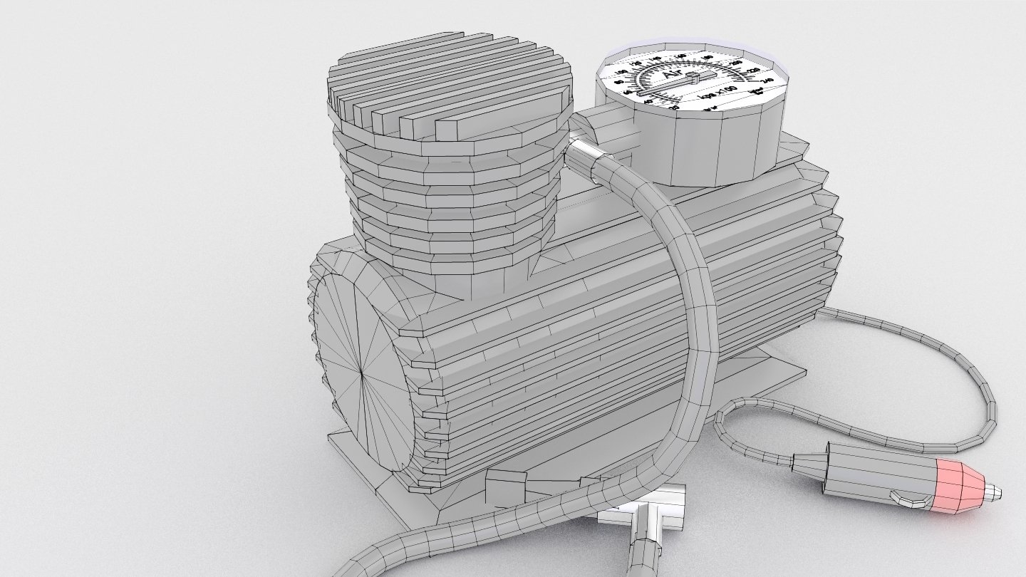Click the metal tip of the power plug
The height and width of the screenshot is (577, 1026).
click(992, 490)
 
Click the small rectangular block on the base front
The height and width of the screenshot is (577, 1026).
click(506, 487)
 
